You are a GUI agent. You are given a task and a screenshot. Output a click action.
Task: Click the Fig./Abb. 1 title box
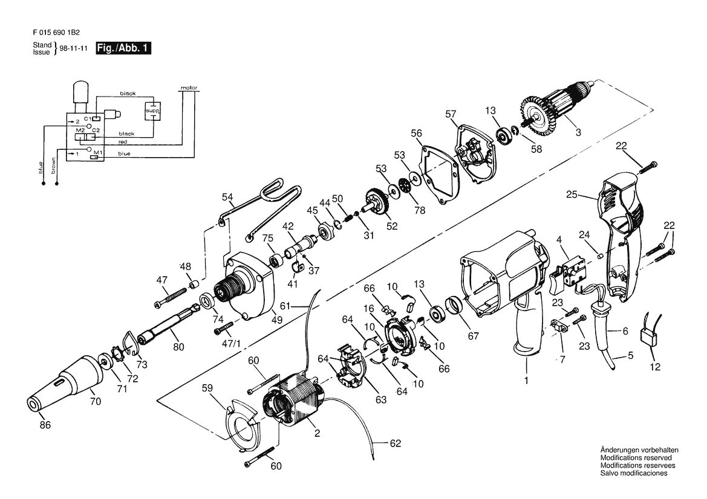(x=123, y=48)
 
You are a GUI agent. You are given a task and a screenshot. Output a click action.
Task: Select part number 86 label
(x=45, y=425)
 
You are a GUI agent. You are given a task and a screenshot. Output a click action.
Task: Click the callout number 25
(x=572, y=195)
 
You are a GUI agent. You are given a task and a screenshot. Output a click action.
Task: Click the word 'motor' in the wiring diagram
(x=189, y=88)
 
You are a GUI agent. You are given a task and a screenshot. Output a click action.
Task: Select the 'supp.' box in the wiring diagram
(x=152, y=110)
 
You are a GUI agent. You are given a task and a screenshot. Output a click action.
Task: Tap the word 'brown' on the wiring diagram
(x=54, y=165)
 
